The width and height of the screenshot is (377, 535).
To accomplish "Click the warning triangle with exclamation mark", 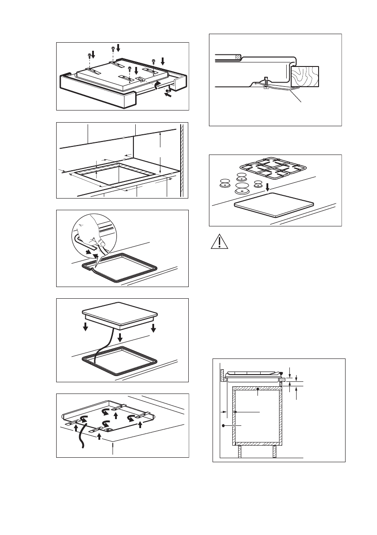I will click(x=217, y=243).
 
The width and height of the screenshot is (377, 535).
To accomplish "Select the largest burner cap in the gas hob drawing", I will click(x=241, y=186).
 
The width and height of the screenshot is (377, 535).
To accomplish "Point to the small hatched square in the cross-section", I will click(x=237, y=57).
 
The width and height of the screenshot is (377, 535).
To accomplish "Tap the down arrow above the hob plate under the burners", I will click(x=268, y=186).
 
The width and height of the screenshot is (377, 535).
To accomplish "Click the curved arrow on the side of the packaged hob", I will click(x=157, y=86).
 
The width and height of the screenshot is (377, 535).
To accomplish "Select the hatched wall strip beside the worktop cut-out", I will click(x=182, y=159).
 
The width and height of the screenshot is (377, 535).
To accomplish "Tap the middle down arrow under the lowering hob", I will click(x=119, y=337).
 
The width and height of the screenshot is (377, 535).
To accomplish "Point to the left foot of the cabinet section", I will click(x=240, y=451).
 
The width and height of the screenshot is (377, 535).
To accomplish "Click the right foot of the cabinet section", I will click(x=274, y=451).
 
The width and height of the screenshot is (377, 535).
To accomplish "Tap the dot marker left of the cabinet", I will click(x=223, y=424).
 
